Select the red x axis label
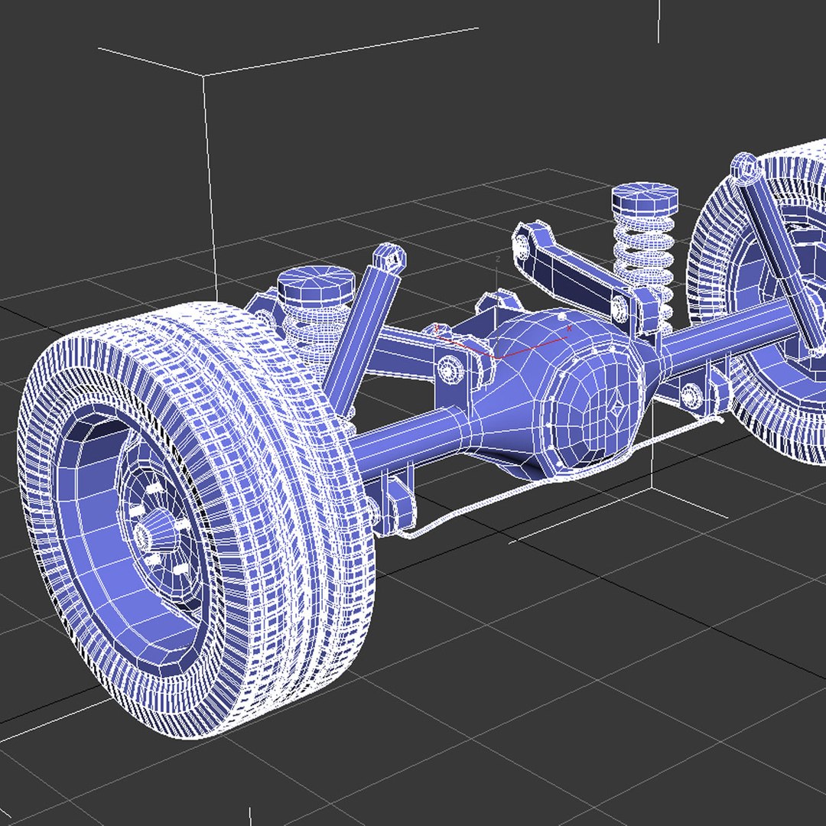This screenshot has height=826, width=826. [570, 327]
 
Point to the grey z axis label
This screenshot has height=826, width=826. [498, 260]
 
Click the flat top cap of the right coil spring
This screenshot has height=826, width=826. [644, 197]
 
